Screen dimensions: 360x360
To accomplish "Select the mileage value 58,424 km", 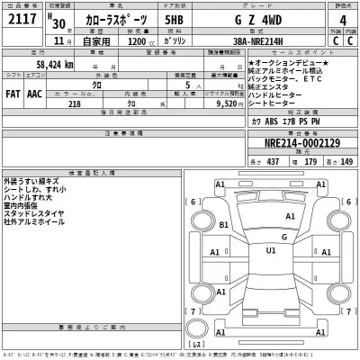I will coord(54,65).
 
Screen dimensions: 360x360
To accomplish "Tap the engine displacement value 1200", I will coord(137,40).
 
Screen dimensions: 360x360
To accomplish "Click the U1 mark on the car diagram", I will coord(270,250).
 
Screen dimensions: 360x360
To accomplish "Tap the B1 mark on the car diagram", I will coord(223,228).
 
